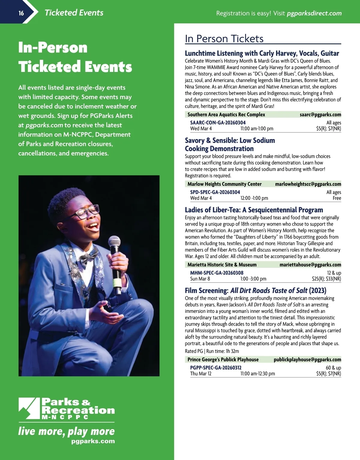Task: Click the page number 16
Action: tap(21, 13)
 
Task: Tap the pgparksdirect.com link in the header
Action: tap(314, 13)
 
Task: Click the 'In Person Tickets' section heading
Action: tap(224, 39)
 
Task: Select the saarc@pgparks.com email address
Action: tap(320, 114)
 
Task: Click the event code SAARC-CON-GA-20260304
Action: tap(218, 123)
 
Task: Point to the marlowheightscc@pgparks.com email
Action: tap(308, 184)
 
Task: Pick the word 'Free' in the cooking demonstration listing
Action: tap(337, 198)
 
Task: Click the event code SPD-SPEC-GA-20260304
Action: tap(215, 192)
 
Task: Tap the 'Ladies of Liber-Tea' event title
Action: tap(254, 210)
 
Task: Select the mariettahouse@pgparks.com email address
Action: tap(310, 265)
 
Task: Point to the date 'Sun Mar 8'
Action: tap(200, 279)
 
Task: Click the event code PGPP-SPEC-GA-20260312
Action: tap(216, 368)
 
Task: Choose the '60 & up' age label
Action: tap(333, 368)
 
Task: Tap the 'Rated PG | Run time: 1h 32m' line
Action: tap(212, 351)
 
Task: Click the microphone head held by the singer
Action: tap(114, 242)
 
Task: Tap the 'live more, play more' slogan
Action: tap(66, 431)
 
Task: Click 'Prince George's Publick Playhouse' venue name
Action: tap(223, 359)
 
